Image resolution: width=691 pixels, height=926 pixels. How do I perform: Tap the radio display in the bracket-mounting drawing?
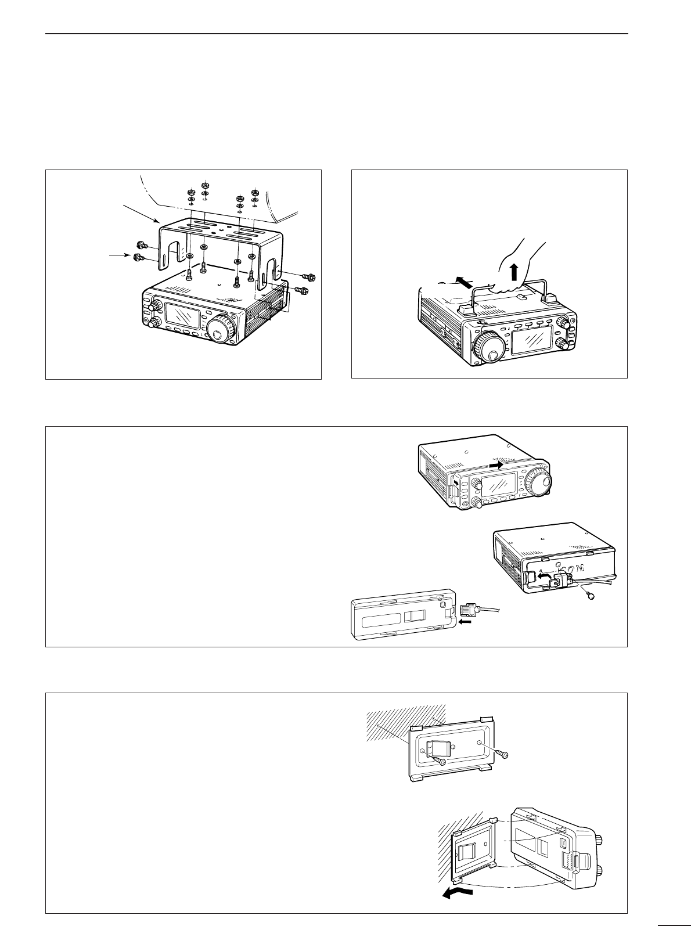[183, 318]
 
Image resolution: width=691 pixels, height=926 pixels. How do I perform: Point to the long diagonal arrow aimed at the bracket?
[139, 212]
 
